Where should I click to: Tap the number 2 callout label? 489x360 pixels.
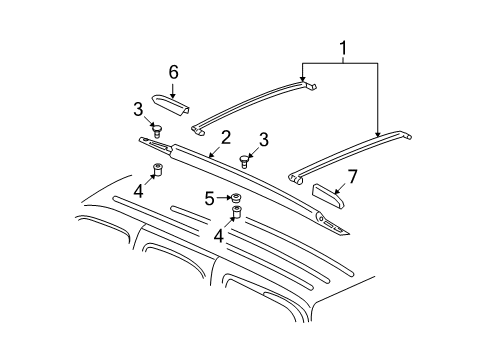226,137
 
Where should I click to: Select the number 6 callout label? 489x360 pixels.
172,72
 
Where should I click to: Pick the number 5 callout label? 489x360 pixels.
209,199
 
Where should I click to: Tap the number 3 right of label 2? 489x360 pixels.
263,139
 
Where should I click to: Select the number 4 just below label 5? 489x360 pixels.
217,236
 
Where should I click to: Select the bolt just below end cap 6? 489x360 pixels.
157,128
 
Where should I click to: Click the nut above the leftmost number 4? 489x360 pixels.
157,168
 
